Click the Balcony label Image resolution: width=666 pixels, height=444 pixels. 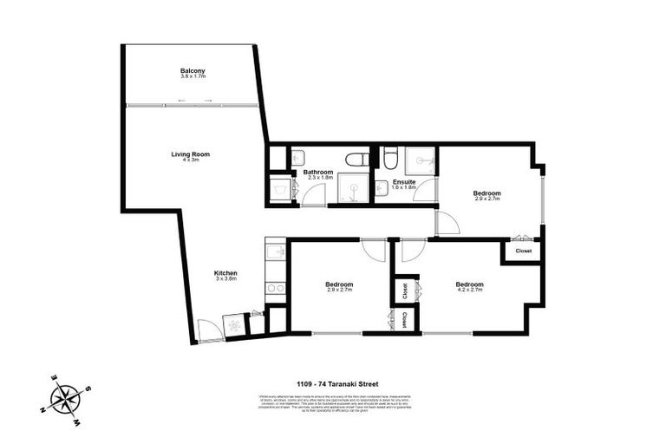pos(192,70)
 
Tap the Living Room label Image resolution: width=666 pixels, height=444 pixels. pos(190,154)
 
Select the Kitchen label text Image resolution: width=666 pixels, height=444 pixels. pos(225,274)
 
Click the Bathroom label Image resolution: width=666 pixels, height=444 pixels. pos(318,172)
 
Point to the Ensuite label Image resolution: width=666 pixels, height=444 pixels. pos(404,181)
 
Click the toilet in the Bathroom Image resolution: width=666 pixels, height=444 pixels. pos(356,159)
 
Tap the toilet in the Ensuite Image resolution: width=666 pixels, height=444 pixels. pos(390,159)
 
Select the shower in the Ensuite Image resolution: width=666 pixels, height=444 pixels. pos(423,159)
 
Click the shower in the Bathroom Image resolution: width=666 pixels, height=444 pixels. pos(350,190)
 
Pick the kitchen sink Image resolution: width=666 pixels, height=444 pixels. pos(276,253)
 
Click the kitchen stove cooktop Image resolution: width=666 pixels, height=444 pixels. pos(276,287)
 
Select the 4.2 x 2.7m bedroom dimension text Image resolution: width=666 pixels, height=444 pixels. pos(469,291)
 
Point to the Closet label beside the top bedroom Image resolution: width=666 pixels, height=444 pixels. pos(524,251)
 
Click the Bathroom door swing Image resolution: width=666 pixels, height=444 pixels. pos(311,195)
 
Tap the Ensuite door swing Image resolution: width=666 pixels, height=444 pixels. pos(424,192)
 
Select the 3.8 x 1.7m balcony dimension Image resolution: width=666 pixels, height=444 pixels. pos(192,76)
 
